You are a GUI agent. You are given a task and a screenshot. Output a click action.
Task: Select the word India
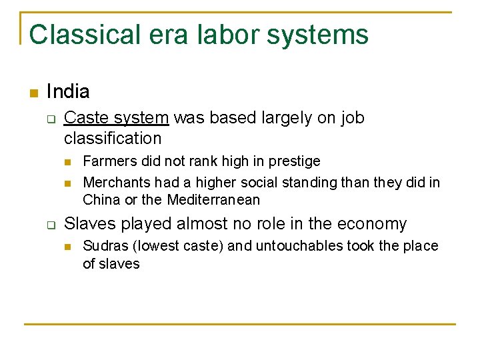coord(68,91)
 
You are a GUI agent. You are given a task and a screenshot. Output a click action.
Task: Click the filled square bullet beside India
coord(33,92)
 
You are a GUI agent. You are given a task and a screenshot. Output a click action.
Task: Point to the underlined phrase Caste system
coord(117,118)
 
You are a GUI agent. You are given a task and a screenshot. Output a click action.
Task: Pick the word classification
coord(113,138)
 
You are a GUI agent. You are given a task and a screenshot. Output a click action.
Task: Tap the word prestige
coord(294,161)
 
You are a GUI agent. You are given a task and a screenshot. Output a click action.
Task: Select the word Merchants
coord(117,182)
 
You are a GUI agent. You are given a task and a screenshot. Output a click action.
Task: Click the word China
coord(101,199)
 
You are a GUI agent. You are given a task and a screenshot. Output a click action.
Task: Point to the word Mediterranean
coord(213,199)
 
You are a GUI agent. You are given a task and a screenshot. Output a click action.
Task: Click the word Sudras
coord(104,246)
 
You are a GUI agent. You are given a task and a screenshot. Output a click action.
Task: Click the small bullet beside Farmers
coord(67,162)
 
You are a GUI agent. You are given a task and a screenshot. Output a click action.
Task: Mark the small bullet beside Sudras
coord(67,247)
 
